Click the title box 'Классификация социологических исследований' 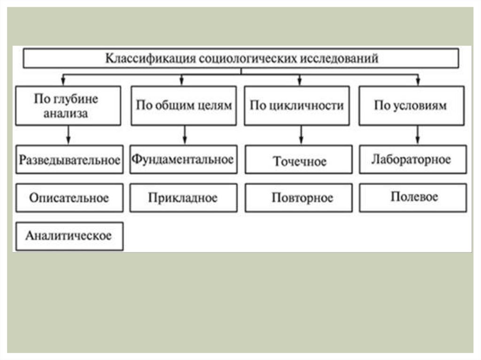pos(241,59)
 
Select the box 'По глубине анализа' pos(66,106)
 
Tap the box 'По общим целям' pos(184,106)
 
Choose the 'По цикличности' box pos(297,106)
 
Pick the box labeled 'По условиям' pos(411,106)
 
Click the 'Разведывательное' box pos(69,160)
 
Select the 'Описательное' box pos(69,198)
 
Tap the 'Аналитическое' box pos(69,236)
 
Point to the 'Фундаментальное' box pos(183,160)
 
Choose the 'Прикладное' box pos(183,198)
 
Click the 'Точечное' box pos(299,161)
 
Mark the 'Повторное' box pos(299,198)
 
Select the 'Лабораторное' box pos(412,160)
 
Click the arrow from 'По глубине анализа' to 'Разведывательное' pos(69,135)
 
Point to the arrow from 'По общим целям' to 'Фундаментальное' pos(184,135)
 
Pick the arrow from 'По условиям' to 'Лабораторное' pos(416,135)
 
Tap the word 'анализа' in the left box pos(66,114)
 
